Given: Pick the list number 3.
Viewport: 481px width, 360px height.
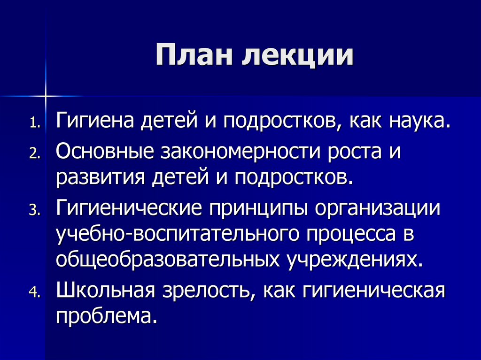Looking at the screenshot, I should tap(35, 210).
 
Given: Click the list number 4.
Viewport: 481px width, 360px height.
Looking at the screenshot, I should tap(35, 291).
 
